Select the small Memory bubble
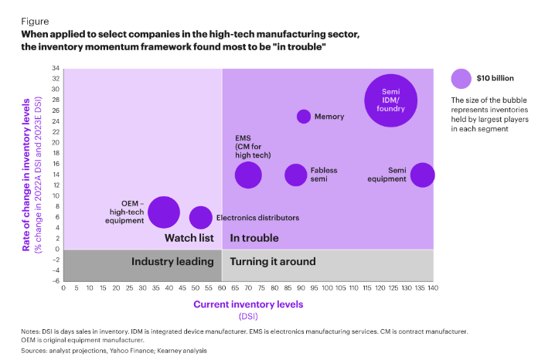304,117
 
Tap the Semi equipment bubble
422,175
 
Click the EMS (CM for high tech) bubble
248,175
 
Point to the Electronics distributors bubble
200,218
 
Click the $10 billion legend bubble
461,78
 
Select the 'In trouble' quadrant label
254,238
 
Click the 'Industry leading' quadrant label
172,261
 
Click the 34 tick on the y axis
56,68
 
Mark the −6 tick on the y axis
56,281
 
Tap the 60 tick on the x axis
222,288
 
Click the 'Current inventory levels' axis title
247,304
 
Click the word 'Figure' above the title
36,22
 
